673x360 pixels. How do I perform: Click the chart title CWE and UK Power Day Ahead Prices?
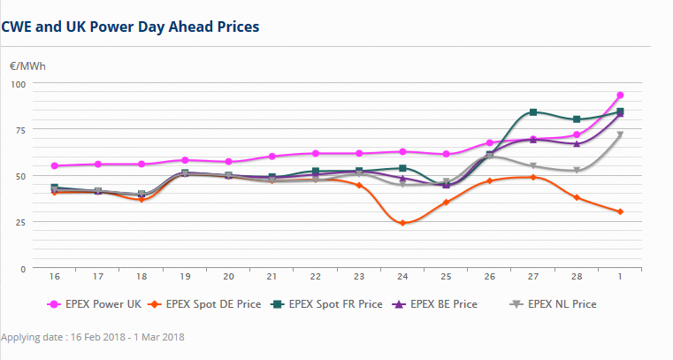(130, 27)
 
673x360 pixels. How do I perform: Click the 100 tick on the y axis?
(18, 83)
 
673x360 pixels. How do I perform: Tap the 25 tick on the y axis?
(20, 221)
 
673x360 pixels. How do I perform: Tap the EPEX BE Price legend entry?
(440, 304)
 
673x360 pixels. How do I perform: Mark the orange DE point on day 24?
(403, 223)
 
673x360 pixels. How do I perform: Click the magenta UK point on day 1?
(621, 95)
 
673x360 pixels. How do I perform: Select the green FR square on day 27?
(533, 112)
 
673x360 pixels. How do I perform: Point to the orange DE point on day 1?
(621, 211)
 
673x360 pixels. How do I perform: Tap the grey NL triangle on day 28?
(577, 171)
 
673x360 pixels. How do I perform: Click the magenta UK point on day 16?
(55, 165)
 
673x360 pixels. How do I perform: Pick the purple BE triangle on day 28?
(577, 143)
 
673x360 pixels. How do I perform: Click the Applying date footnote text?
(93, 337)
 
